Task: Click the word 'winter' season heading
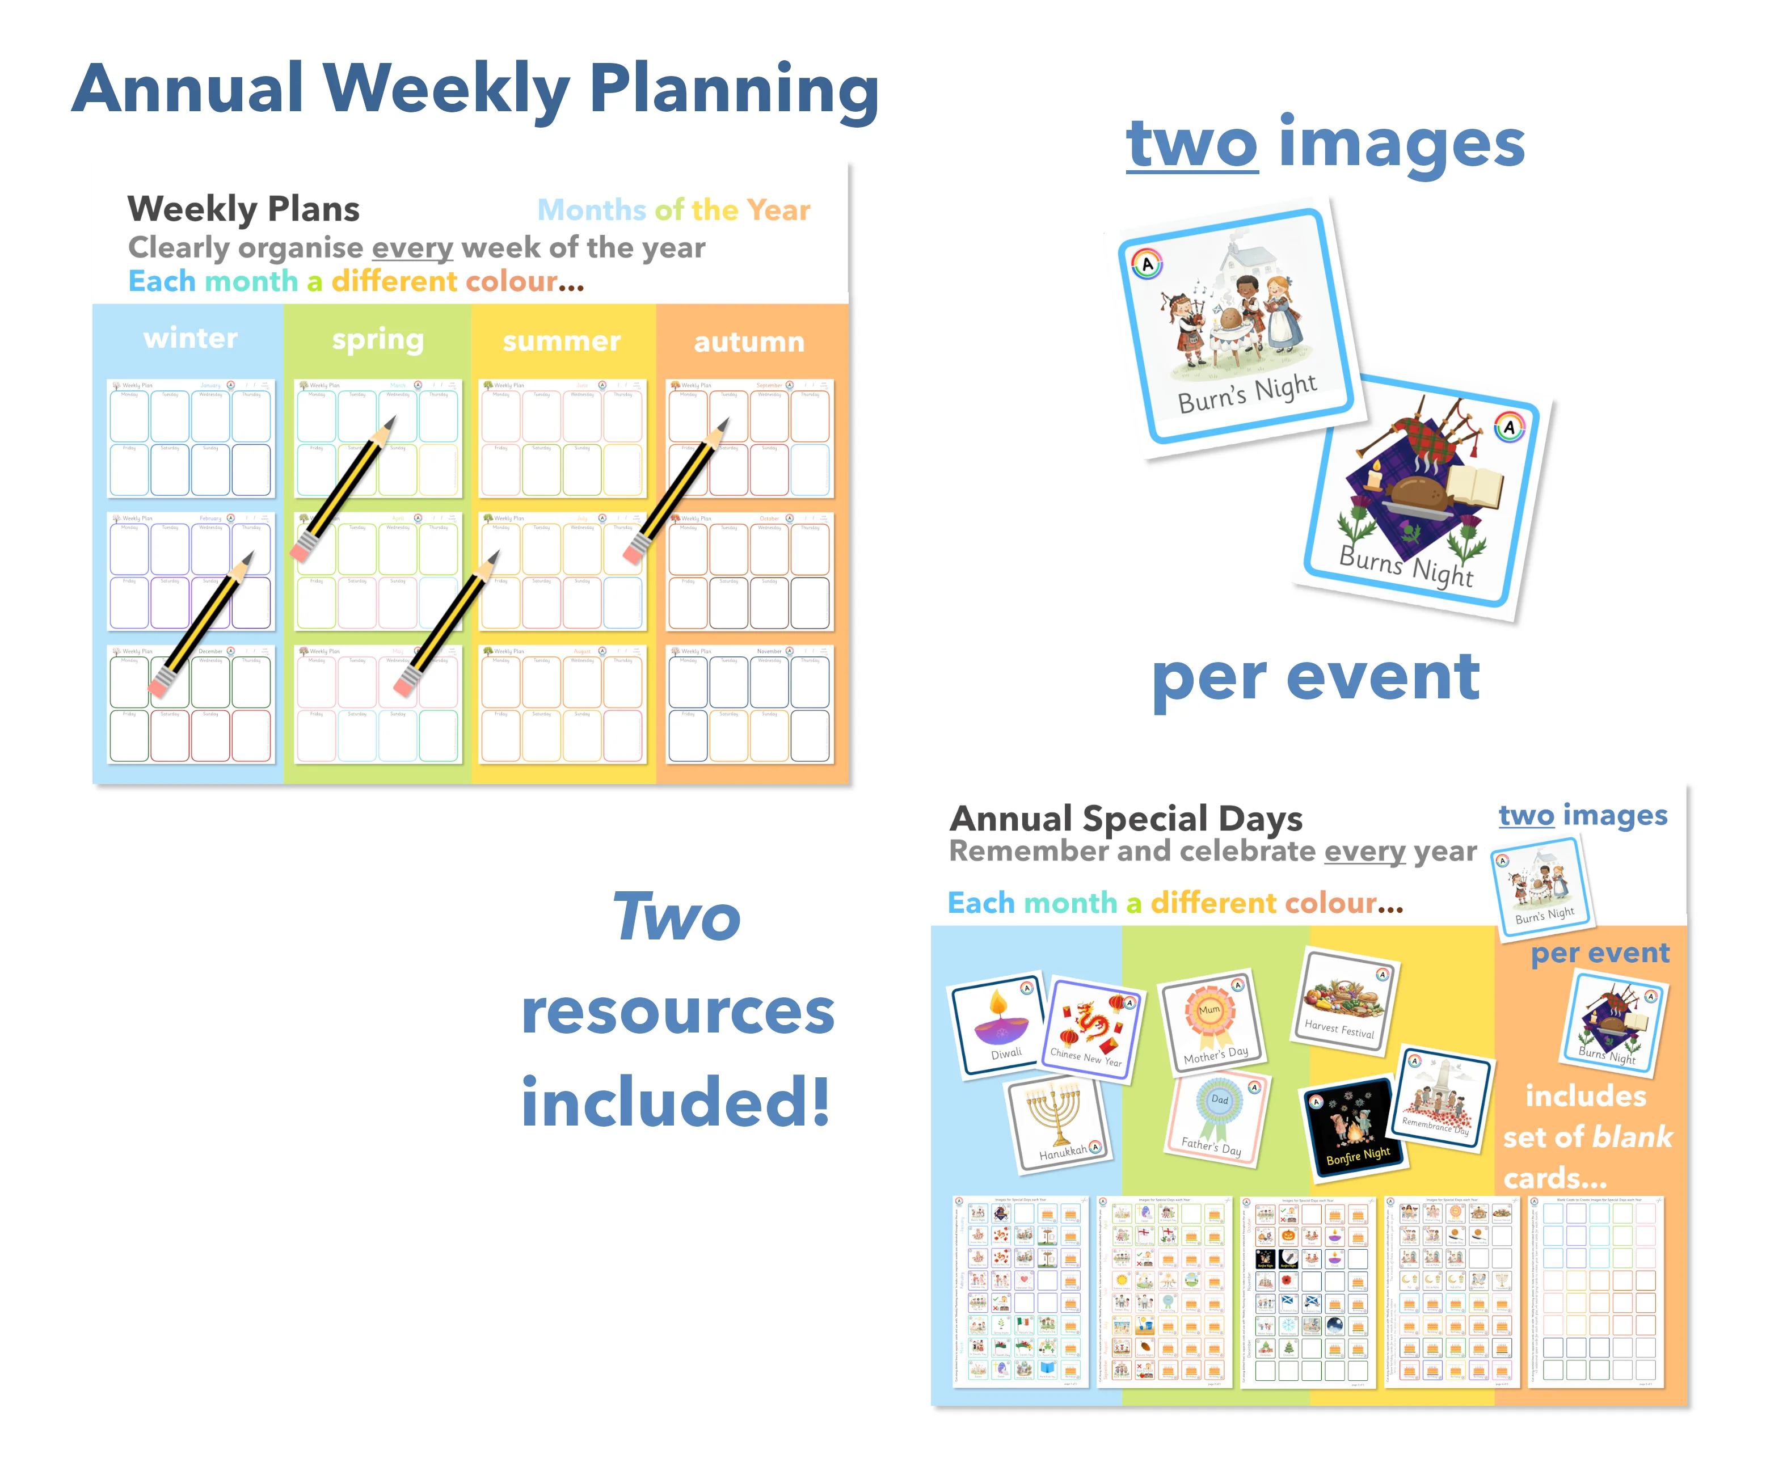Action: tap(191, 338)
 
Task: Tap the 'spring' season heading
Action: tap(377, 340)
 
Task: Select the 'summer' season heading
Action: tap(562, 341)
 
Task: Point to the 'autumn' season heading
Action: tap(749, 342)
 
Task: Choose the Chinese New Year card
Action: tap(1093, 1028)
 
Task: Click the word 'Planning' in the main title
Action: tap(734, 90)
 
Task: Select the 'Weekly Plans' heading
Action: tap(244, 209)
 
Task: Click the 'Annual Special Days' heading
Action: tap(1126, 819)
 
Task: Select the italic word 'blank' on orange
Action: tap(1630, 1137)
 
